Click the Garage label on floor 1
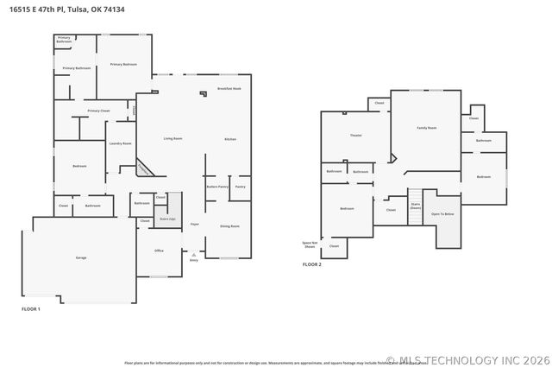click(80, 258)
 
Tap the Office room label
click(159, 251)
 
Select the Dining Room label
click(229, 225)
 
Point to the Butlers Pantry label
click(216, 187)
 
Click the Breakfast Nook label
click(229, 89)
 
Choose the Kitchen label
click(230, 139)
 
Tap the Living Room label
click(172, 138)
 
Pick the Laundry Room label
click(120, 143)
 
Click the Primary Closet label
click(98, 111)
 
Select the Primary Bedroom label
click(123, 65)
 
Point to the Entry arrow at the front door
click(193, 256)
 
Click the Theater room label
click(355, 136)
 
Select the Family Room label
click(426, 128)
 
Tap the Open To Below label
click(443, 213)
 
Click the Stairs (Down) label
click(415, 206)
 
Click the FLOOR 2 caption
click(311, 264)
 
